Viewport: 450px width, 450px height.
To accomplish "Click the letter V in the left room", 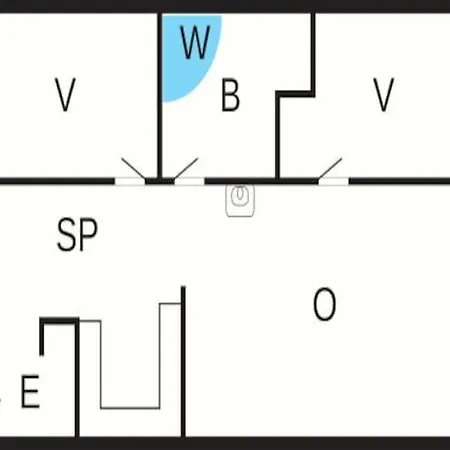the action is [65, 95].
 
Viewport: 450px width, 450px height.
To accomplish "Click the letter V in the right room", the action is [383, 95].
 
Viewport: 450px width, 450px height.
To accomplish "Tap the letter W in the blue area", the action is [195, 42].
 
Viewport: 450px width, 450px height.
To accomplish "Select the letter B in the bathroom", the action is [230, 95].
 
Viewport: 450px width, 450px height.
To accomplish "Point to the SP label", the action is [77, 234].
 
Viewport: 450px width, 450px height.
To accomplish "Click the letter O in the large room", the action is [324, 304].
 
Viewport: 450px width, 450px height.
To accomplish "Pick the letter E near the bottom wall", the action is [30, 391].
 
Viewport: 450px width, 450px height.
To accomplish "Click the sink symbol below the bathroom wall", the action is [240, 201].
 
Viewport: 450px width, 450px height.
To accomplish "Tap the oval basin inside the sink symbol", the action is [240, 195].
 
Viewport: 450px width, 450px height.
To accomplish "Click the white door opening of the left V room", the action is [130, 181].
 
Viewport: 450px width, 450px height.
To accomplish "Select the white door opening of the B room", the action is [189, 181].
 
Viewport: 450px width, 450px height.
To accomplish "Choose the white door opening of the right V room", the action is [334, 181].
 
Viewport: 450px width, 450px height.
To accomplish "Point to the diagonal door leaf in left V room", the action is [133, 169].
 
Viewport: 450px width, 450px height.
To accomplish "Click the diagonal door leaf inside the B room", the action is [186, 169].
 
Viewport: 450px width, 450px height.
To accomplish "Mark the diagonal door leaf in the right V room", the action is [330, 169].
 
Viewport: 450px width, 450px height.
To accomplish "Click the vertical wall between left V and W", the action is [160, 96].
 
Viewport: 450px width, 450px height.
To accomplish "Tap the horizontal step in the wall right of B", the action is [295, 94].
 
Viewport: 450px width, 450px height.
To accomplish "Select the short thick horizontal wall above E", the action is [59, 321].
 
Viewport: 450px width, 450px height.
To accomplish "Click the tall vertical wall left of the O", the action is [183, 361].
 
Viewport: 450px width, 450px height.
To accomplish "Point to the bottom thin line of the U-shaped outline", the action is [130, 408].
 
